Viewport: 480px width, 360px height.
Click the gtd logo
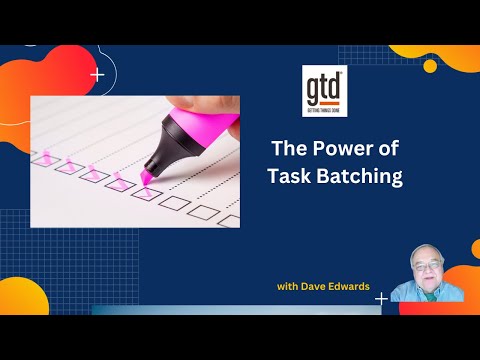click(x=324, y=88)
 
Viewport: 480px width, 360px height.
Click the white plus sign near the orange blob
click(x=97, y=74)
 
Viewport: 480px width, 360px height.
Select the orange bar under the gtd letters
click(x=324, y=104)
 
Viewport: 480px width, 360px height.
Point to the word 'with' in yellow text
click(x=290, y=287)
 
